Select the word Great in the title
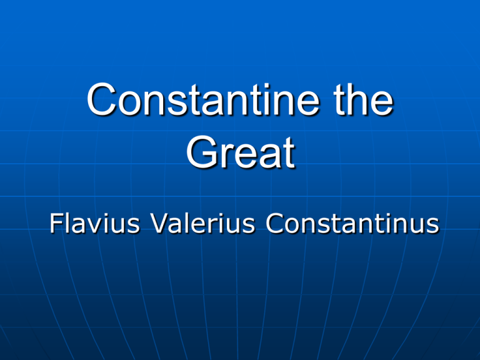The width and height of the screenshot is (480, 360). tap(241, 152)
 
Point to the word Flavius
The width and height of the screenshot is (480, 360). tap(95, 223)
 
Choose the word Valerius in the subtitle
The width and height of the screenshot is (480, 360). tap(203, 223)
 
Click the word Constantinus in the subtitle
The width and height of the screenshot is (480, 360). tap(352, 223)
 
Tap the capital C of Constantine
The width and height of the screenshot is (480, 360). tap(102, 99)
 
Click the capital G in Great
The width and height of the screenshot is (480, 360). tap(202, 152)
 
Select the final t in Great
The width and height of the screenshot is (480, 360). tap(288, 153)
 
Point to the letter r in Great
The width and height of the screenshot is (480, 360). tap(226, 156)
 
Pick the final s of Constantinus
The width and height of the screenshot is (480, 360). tap(433, 226)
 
